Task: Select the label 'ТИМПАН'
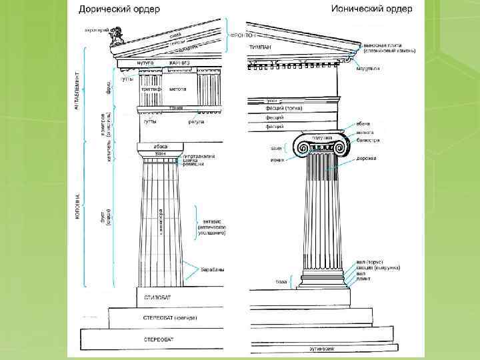click(x=260, y=48)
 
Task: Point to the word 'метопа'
click(x=177, y=88)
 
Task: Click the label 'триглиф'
click(x=150, y=88)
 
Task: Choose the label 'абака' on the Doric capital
click(x=160, y=146)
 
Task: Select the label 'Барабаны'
click(x=213, y=270)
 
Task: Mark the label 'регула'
click(x=195, y=121)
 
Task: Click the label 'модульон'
click(x=369, y=69)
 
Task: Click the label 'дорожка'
click(x=367, y=158)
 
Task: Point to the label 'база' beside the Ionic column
click(x=281, y=282)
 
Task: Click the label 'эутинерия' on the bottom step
click(x=321, y=347)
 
